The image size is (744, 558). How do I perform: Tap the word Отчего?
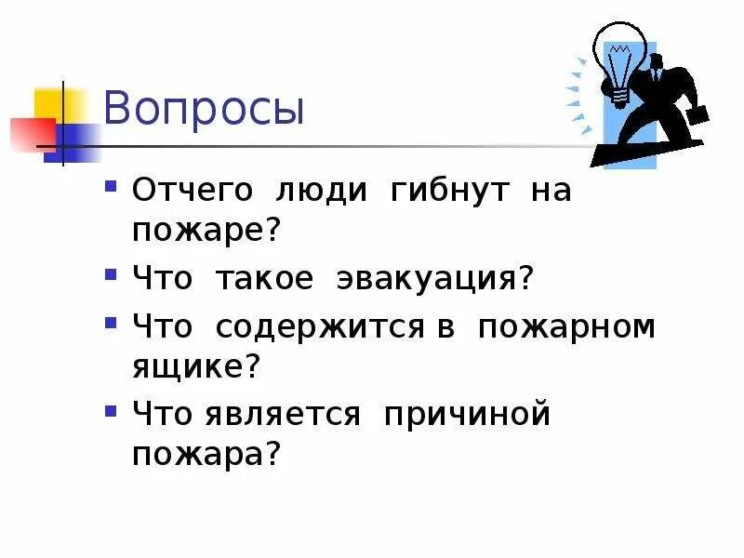(x=192, y=192)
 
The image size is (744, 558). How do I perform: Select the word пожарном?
(x=566, y=328)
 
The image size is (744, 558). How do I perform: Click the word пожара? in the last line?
(x=206, y=456)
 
